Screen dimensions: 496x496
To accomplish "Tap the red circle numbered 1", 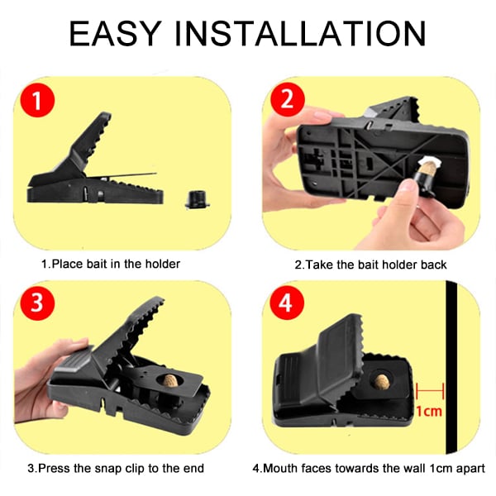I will (x=38, y=104).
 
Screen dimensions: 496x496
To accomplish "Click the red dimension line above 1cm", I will (x=431, y=389).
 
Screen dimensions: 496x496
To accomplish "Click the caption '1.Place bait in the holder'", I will (x=111, y=265).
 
